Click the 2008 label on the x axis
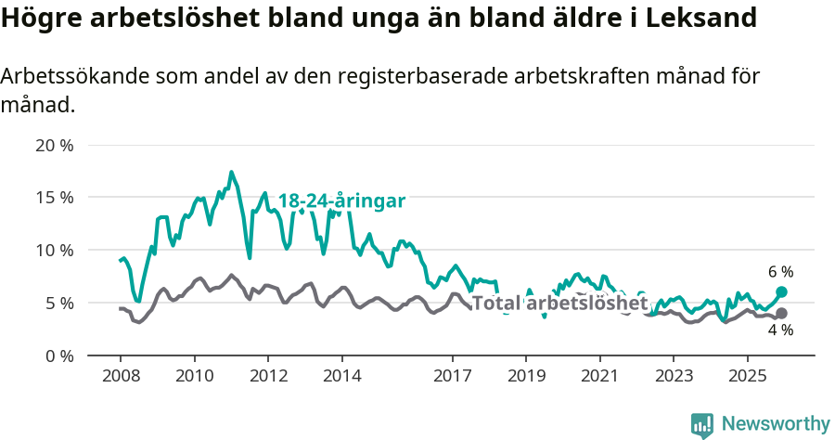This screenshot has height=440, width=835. [121, 376]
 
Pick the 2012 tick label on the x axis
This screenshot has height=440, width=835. [268, 376]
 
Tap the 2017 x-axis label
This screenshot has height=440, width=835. [453, 376]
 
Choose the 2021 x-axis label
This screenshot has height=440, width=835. [600, 376]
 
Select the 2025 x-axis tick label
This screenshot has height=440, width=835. [748, 376]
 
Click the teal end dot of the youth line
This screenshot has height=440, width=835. [781, 292]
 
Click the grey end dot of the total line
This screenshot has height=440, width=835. [781, 314]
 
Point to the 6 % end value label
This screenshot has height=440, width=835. [780, 272]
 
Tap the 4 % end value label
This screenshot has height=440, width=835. [780, 330]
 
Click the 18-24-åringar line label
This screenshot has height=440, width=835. [341, 201]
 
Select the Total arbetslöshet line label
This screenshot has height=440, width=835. [559, 303]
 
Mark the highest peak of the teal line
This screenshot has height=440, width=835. [231, 173]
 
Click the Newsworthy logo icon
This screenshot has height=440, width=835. [702, 425]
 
